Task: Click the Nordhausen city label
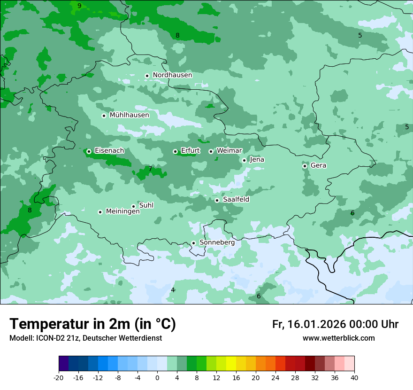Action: (x=172, y=75)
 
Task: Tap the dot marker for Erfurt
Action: (x=175, y=151)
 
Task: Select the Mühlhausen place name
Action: (x=129, y=115)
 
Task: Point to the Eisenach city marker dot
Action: (x=89, y=151)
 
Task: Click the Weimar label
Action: (x=229, y=150)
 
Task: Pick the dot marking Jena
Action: (x=244, y=160)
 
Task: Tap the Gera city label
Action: (x=318, y=165)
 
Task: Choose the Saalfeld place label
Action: (x=236, y=200)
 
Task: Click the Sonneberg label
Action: (x=217, y=242)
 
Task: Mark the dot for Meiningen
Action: (x=100, y=212)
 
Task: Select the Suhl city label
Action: (x=146, y=205)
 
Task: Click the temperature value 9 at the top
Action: (x=79, y=6)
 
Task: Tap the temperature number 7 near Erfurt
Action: (x=150, y=169)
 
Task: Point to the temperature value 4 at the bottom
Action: (x=173, y=290)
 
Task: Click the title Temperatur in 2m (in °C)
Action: (x=92, y=324)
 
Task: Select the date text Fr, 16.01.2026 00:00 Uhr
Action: (x=335, y=324)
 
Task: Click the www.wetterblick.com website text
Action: (x=338, y=338)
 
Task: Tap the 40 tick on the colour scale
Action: (x=354, y=377)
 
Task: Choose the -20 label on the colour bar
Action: (x=59, y=377)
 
